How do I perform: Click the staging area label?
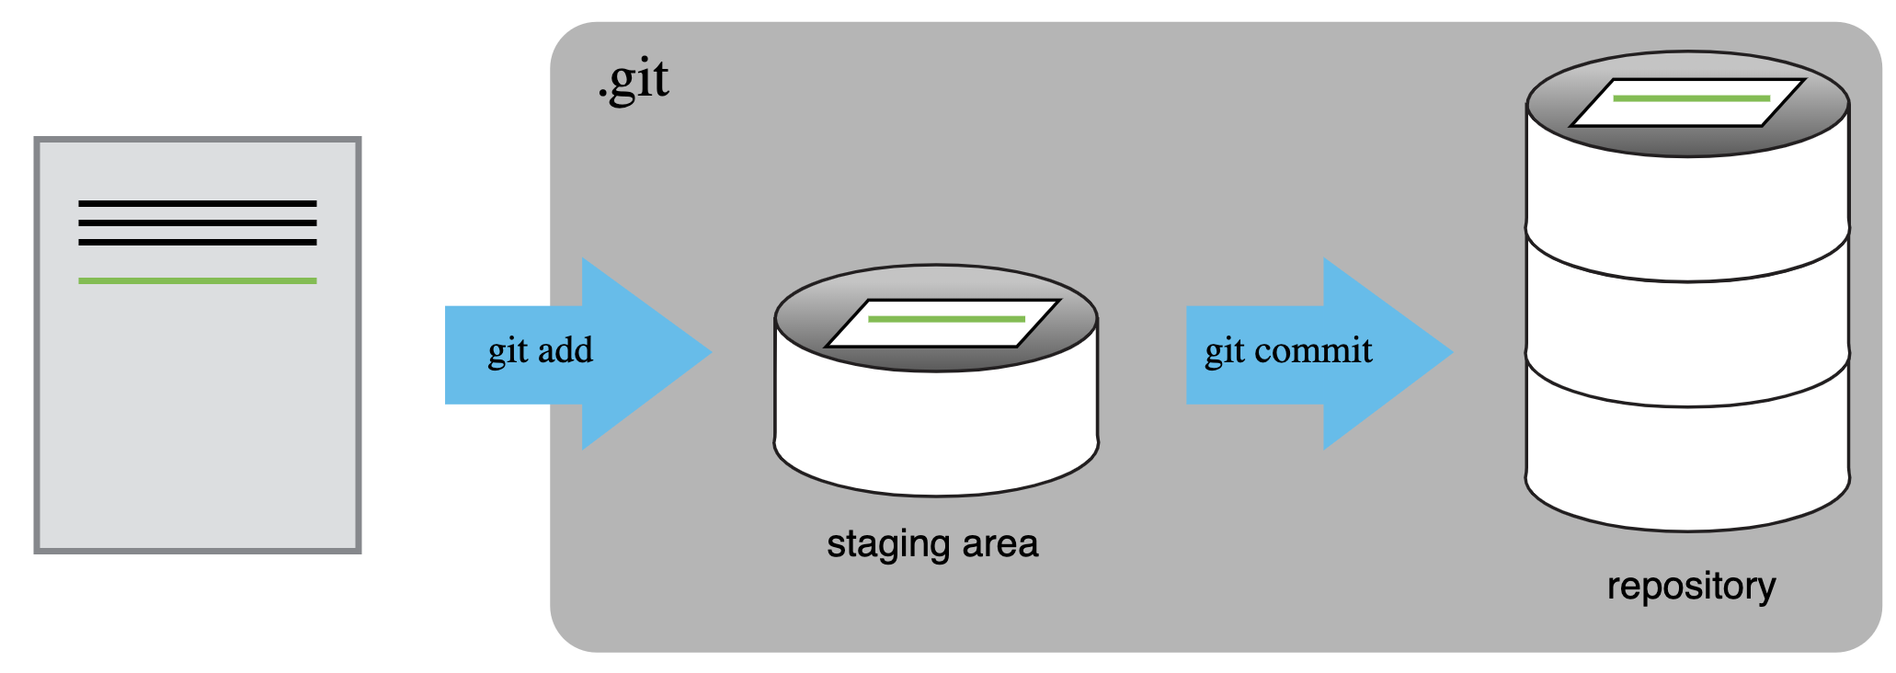[x=932, y=543]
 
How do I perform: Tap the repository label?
[x=1691, y=586]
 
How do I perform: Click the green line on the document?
[x=198, y=280]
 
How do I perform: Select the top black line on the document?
[x=198, y=203]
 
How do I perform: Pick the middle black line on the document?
[x=198, y=222]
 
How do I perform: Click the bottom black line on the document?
[x=198, y=242]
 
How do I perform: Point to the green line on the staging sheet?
[x=946, y=319]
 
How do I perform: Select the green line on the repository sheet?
[x=1691, y=97]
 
